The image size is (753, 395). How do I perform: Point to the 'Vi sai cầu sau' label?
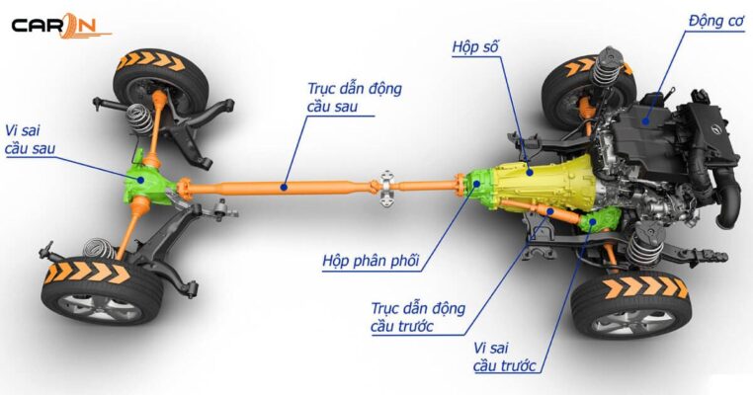point(31,139)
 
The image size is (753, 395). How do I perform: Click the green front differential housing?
point(597,221)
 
